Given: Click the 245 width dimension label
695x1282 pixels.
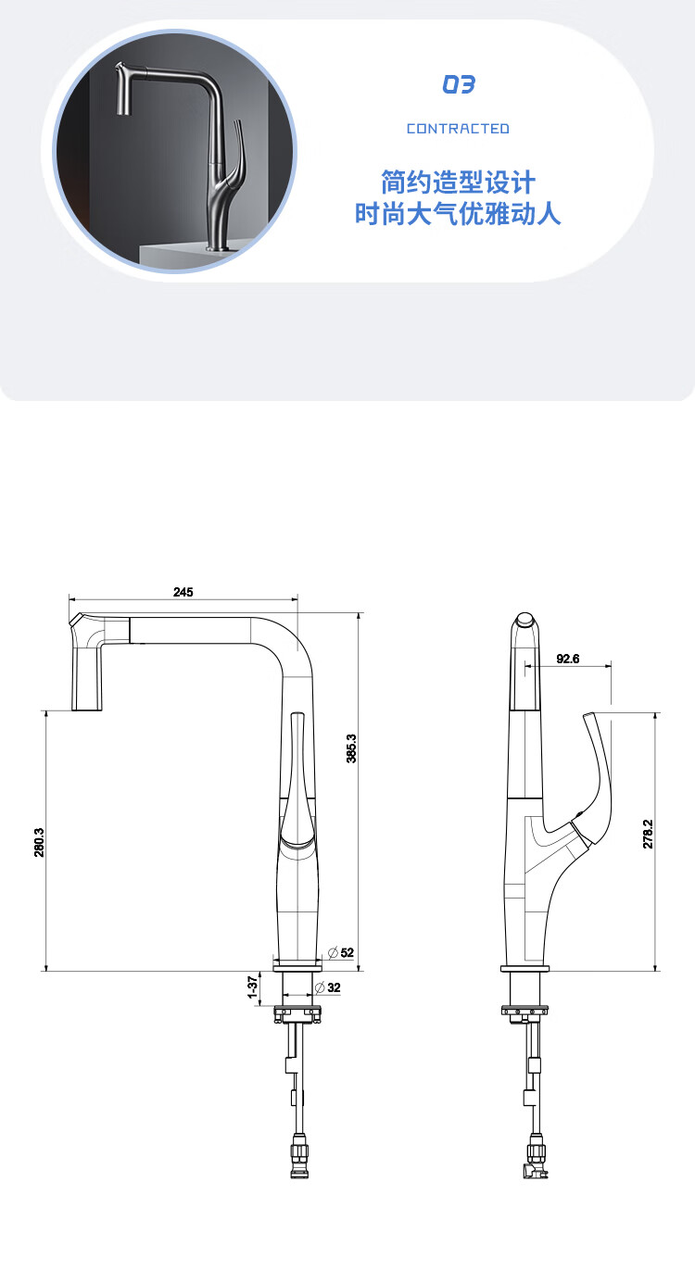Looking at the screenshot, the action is coord(183,592).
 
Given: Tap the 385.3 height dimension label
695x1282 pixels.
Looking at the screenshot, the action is coord(351,748).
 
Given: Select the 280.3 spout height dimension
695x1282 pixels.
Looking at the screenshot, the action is coord(39,842).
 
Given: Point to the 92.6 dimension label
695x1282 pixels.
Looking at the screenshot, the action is coord(567,659).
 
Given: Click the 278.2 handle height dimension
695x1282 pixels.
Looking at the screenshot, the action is coord(648,834).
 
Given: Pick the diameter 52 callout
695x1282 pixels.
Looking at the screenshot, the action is coord(341,952).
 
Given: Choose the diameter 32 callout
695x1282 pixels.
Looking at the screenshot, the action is coord(328,987).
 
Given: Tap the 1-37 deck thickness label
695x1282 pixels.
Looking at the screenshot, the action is coord(252,987).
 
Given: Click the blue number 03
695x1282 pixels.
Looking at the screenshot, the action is coord(459,84).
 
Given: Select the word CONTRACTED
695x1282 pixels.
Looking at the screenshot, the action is coord(458,129).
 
